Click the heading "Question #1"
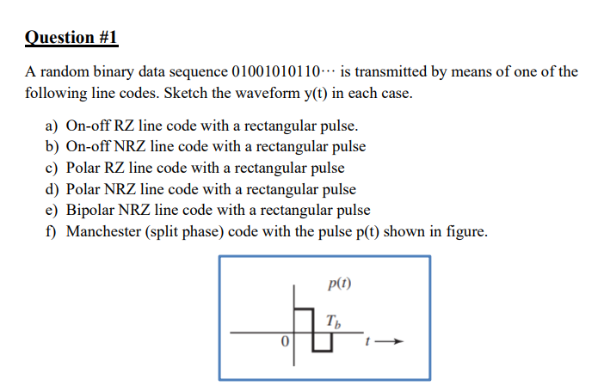tap(71, 38)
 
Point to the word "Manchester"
tap(103, 231)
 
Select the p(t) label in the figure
tap(340, 283)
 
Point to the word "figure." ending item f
tap(465, 231)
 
